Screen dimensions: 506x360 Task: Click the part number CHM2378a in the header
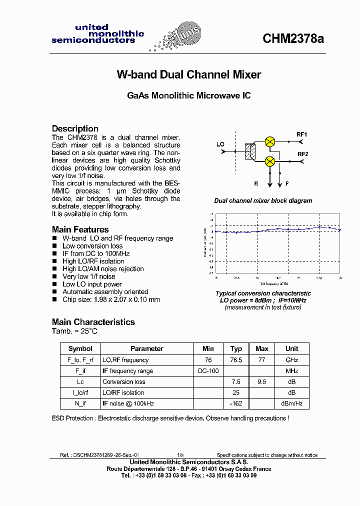[293, 39]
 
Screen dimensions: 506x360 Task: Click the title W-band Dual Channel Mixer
[188, 74]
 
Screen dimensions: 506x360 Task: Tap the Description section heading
[75, 128]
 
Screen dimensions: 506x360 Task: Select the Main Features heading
[80, 229]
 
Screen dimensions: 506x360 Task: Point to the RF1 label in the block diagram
[302, 134]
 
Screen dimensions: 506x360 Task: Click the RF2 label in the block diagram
[303, 154]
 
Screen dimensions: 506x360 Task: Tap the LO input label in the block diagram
[220, 144]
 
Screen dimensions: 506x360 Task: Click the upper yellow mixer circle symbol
[269, 141]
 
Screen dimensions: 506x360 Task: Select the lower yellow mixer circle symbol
[269, 161]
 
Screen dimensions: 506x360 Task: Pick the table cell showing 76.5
[236, 360]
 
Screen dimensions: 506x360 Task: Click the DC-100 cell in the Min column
[208, 371]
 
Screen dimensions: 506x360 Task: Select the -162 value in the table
[236, 403]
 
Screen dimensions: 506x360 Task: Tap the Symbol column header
[80, 348]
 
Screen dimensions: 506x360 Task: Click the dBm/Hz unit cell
[292, 403]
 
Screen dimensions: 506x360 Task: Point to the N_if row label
[80, 403]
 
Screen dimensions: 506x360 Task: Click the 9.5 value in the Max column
[261, 381]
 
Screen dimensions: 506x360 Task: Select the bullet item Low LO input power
[92, 284]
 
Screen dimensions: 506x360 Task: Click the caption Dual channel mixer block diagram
[263, 200]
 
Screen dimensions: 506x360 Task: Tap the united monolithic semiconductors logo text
[97, 34]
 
